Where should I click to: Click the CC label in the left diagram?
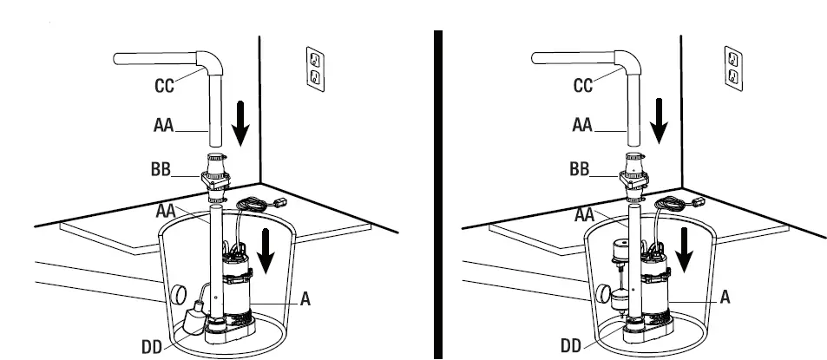coord(163,86)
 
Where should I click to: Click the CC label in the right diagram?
coord(583,86)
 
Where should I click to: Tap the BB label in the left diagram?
coord(164,169)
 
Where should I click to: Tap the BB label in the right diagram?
coord(580,169)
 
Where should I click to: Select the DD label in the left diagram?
coord(152,346)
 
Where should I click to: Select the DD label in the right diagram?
coord(570,346)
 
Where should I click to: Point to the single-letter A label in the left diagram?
coord(305,298)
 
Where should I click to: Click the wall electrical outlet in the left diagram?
coord(316,69)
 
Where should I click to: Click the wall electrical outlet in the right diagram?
coord(733,69)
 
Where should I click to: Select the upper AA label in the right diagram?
coord(582,126)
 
